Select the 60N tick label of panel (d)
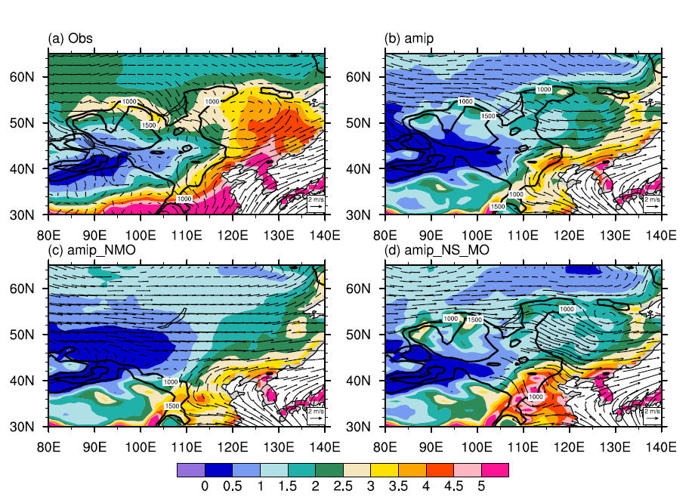(x=372, y=289)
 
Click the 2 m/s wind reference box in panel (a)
(x=315, y=202)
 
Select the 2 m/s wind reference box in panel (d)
(x=652, y=414)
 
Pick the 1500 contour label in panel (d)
(x=474, y=320)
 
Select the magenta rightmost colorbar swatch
(x=495, y=470)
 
